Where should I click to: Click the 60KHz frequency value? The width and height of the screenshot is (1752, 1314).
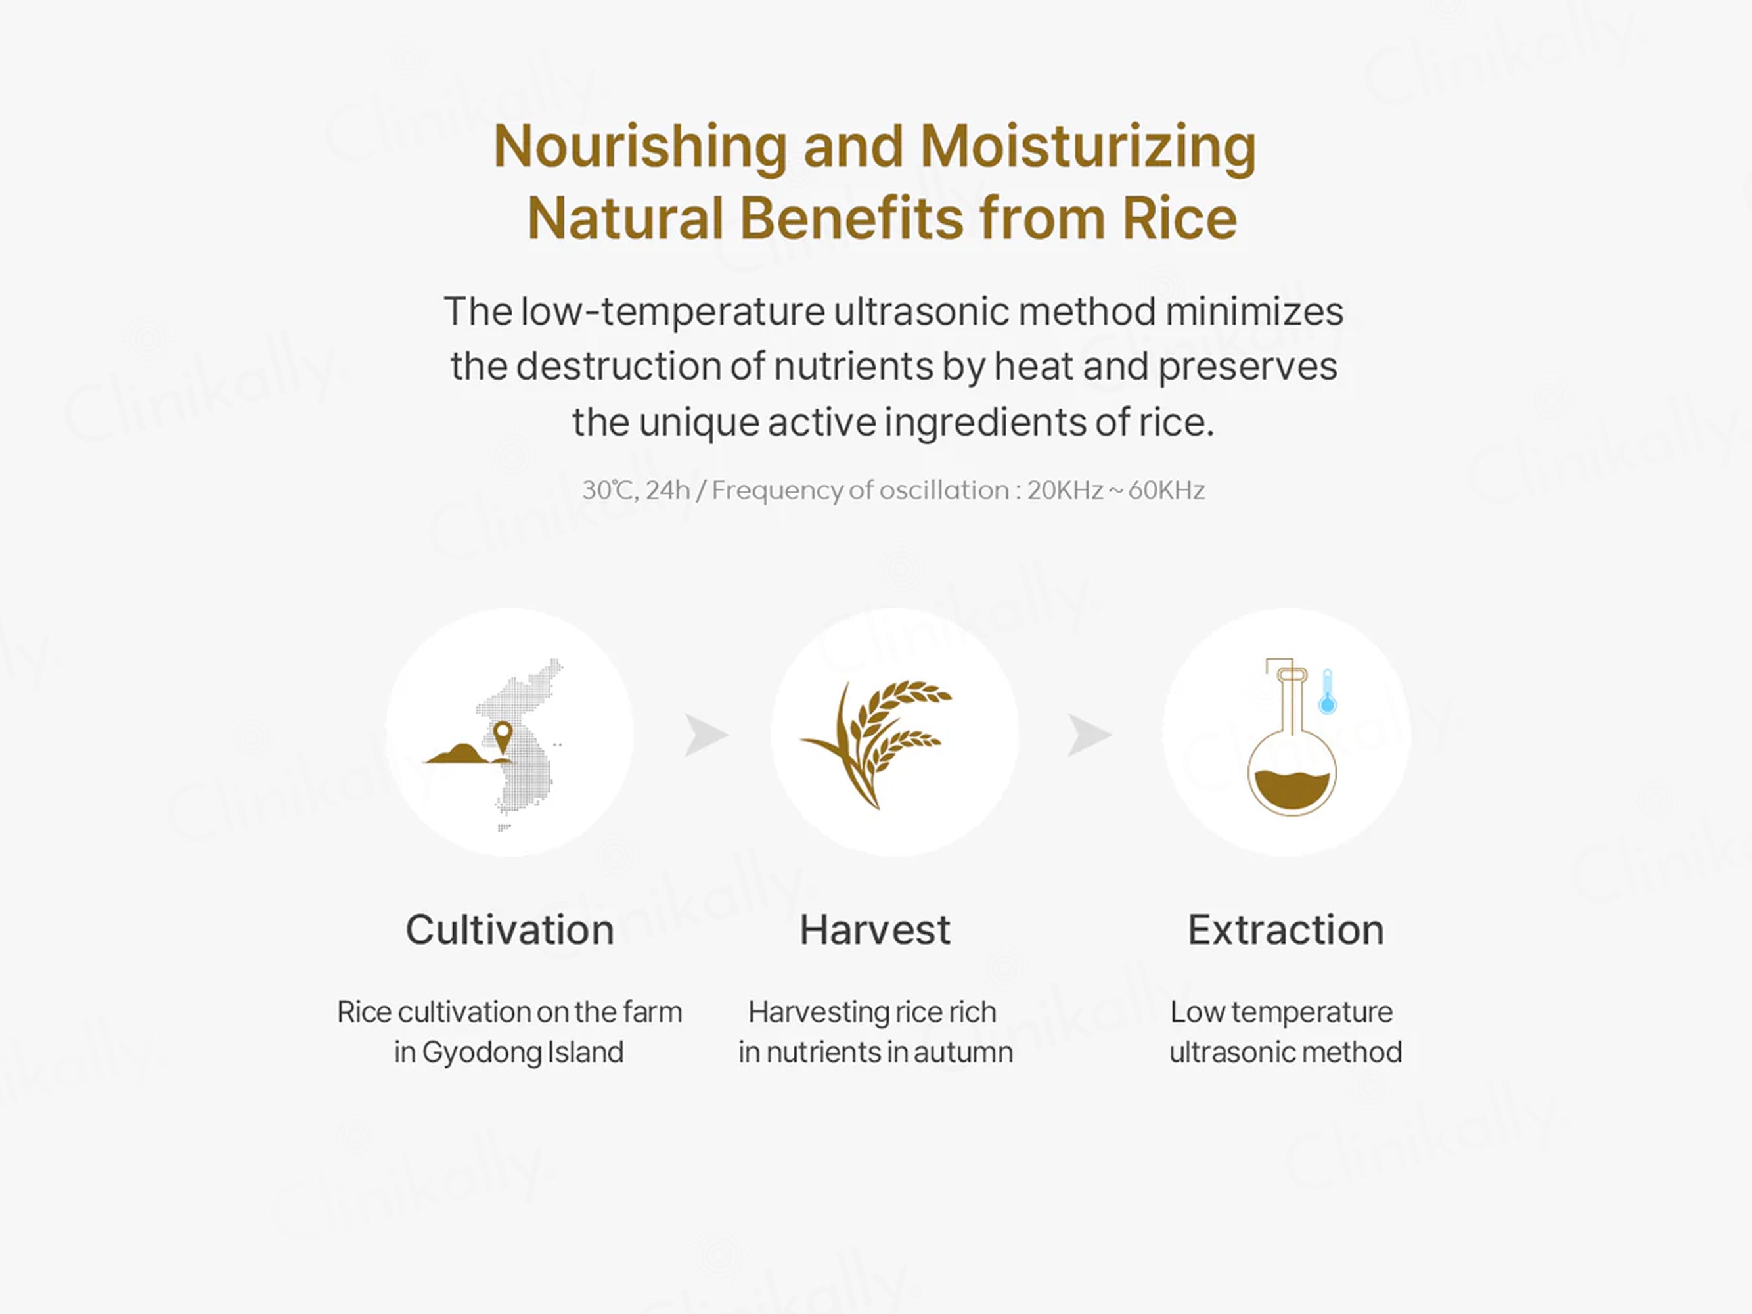pos(1166,490)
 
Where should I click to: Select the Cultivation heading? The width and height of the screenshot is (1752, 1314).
pos(510,930)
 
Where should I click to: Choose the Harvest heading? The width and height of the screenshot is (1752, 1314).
pos(875,930)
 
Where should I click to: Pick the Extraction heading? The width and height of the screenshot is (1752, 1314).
pos(1286,930)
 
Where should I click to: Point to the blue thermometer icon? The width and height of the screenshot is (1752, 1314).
pos(1328,691)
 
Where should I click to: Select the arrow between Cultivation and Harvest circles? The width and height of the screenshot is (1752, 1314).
pos(706,735)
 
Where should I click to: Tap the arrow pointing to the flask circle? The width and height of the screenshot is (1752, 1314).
pos(1089,735)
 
